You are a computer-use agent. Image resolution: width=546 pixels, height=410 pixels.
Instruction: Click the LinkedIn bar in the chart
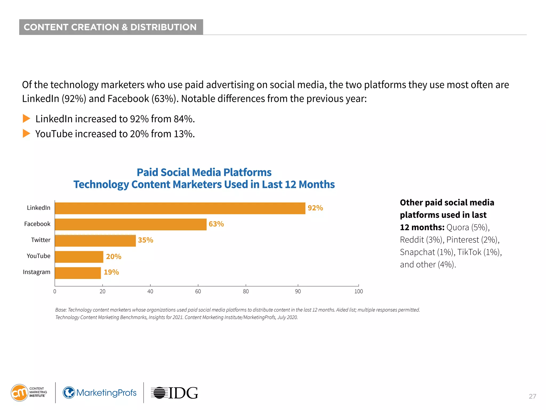[x=180, y=208]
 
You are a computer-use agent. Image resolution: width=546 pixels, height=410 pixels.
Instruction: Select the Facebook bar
[x=131, y=224]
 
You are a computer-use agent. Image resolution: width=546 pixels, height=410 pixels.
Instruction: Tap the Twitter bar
[x=95, y=241]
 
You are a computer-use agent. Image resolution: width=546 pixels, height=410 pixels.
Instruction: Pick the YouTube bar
[x=79, y=257]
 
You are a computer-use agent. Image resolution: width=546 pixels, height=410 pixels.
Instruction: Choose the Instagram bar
[x=78, y=273]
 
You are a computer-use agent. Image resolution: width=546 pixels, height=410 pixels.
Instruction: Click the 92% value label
[x=315, y=208]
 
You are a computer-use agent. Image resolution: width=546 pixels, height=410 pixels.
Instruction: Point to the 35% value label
[x=146, y=240]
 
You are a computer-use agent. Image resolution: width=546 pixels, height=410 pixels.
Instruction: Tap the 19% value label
[x=111, y=272]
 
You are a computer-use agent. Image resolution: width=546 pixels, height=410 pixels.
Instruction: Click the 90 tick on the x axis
[x=298, y=291]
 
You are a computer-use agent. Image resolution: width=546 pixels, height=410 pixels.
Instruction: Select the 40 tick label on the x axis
[x=150, y=291]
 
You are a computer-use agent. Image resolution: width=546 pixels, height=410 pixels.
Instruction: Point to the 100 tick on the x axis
[x=359, y=291]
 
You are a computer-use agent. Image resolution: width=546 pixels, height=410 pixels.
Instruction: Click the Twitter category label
[x=41, y=240]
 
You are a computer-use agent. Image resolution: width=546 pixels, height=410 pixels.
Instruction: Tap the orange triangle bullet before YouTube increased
[x=26, y=133]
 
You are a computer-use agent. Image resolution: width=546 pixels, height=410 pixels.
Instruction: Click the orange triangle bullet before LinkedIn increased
[x=26, y=119]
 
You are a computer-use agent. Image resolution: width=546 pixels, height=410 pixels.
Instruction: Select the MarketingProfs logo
[x=99, y=393]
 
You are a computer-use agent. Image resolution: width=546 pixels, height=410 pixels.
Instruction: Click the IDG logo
[x=174, y=393]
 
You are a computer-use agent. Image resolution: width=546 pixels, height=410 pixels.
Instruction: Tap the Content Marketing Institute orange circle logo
[x=19, y=393]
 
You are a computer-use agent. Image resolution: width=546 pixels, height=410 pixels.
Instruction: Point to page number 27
[x=532, y=396]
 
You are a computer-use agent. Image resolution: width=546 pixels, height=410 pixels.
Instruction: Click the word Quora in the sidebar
[x=457, y=227]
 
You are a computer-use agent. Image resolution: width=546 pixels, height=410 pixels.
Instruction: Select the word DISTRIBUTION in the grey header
[x=163, y=27]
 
